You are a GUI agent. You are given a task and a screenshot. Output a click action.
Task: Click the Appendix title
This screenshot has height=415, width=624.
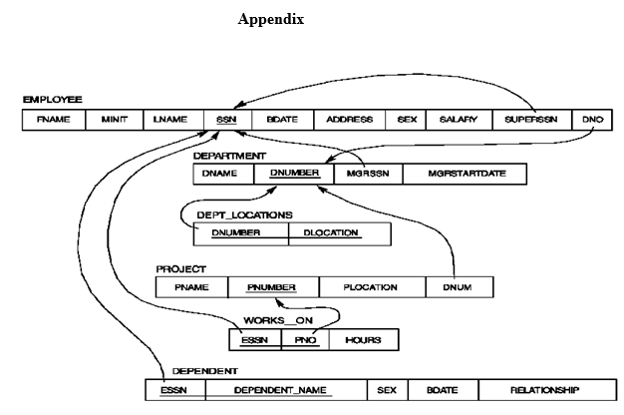(x=271, y=20)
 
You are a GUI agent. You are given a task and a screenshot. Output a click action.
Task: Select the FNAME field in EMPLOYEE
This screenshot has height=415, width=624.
(x=53, y=120)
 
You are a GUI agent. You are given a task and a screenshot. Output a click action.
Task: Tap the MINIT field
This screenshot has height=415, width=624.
(x=114, y=120)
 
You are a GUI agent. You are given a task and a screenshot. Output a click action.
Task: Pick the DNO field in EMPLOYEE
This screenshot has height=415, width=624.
(x=592, y=120)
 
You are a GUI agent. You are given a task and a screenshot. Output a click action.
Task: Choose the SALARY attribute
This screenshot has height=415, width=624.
(x=459, y=120)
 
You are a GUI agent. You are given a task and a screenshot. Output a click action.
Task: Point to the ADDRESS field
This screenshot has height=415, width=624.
(x=349, y=120)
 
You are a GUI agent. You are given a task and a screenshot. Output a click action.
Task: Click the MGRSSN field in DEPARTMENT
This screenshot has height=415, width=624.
(x=368, y=174)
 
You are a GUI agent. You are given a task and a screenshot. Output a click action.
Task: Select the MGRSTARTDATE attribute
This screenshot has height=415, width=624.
(x=467, y=174)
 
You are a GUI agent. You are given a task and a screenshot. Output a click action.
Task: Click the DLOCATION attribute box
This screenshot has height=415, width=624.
(x=338, y=233)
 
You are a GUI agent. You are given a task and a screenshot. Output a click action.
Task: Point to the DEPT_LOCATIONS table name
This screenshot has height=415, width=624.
(x=244, y=214)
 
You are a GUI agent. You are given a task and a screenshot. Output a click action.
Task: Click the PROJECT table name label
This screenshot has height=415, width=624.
(x=181, y=268)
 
